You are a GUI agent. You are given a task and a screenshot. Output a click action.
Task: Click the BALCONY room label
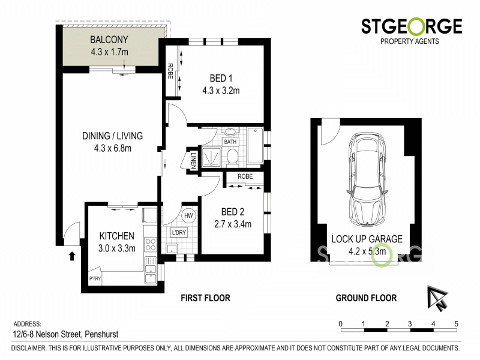[109, 41]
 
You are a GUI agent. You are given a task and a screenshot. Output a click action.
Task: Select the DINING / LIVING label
[112, 136]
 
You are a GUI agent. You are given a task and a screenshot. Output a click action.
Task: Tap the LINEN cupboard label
[194, 160]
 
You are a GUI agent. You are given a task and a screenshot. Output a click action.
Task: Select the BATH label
[230, 142]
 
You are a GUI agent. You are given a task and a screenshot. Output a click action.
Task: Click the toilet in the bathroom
[233, 156]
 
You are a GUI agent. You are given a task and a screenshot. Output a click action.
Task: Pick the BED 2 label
[232, 212]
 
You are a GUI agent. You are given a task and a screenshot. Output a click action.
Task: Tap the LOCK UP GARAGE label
[367, 239]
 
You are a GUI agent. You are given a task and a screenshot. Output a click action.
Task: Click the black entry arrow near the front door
[72, 256]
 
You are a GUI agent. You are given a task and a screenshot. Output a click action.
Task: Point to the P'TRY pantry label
[95, 279]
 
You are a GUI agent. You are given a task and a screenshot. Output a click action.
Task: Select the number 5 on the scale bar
[457, 324]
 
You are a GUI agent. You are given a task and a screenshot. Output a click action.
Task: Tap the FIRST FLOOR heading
[205, 298]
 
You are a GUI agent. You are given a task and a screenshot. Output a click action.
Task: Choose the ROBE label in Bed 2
[244, 177]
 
